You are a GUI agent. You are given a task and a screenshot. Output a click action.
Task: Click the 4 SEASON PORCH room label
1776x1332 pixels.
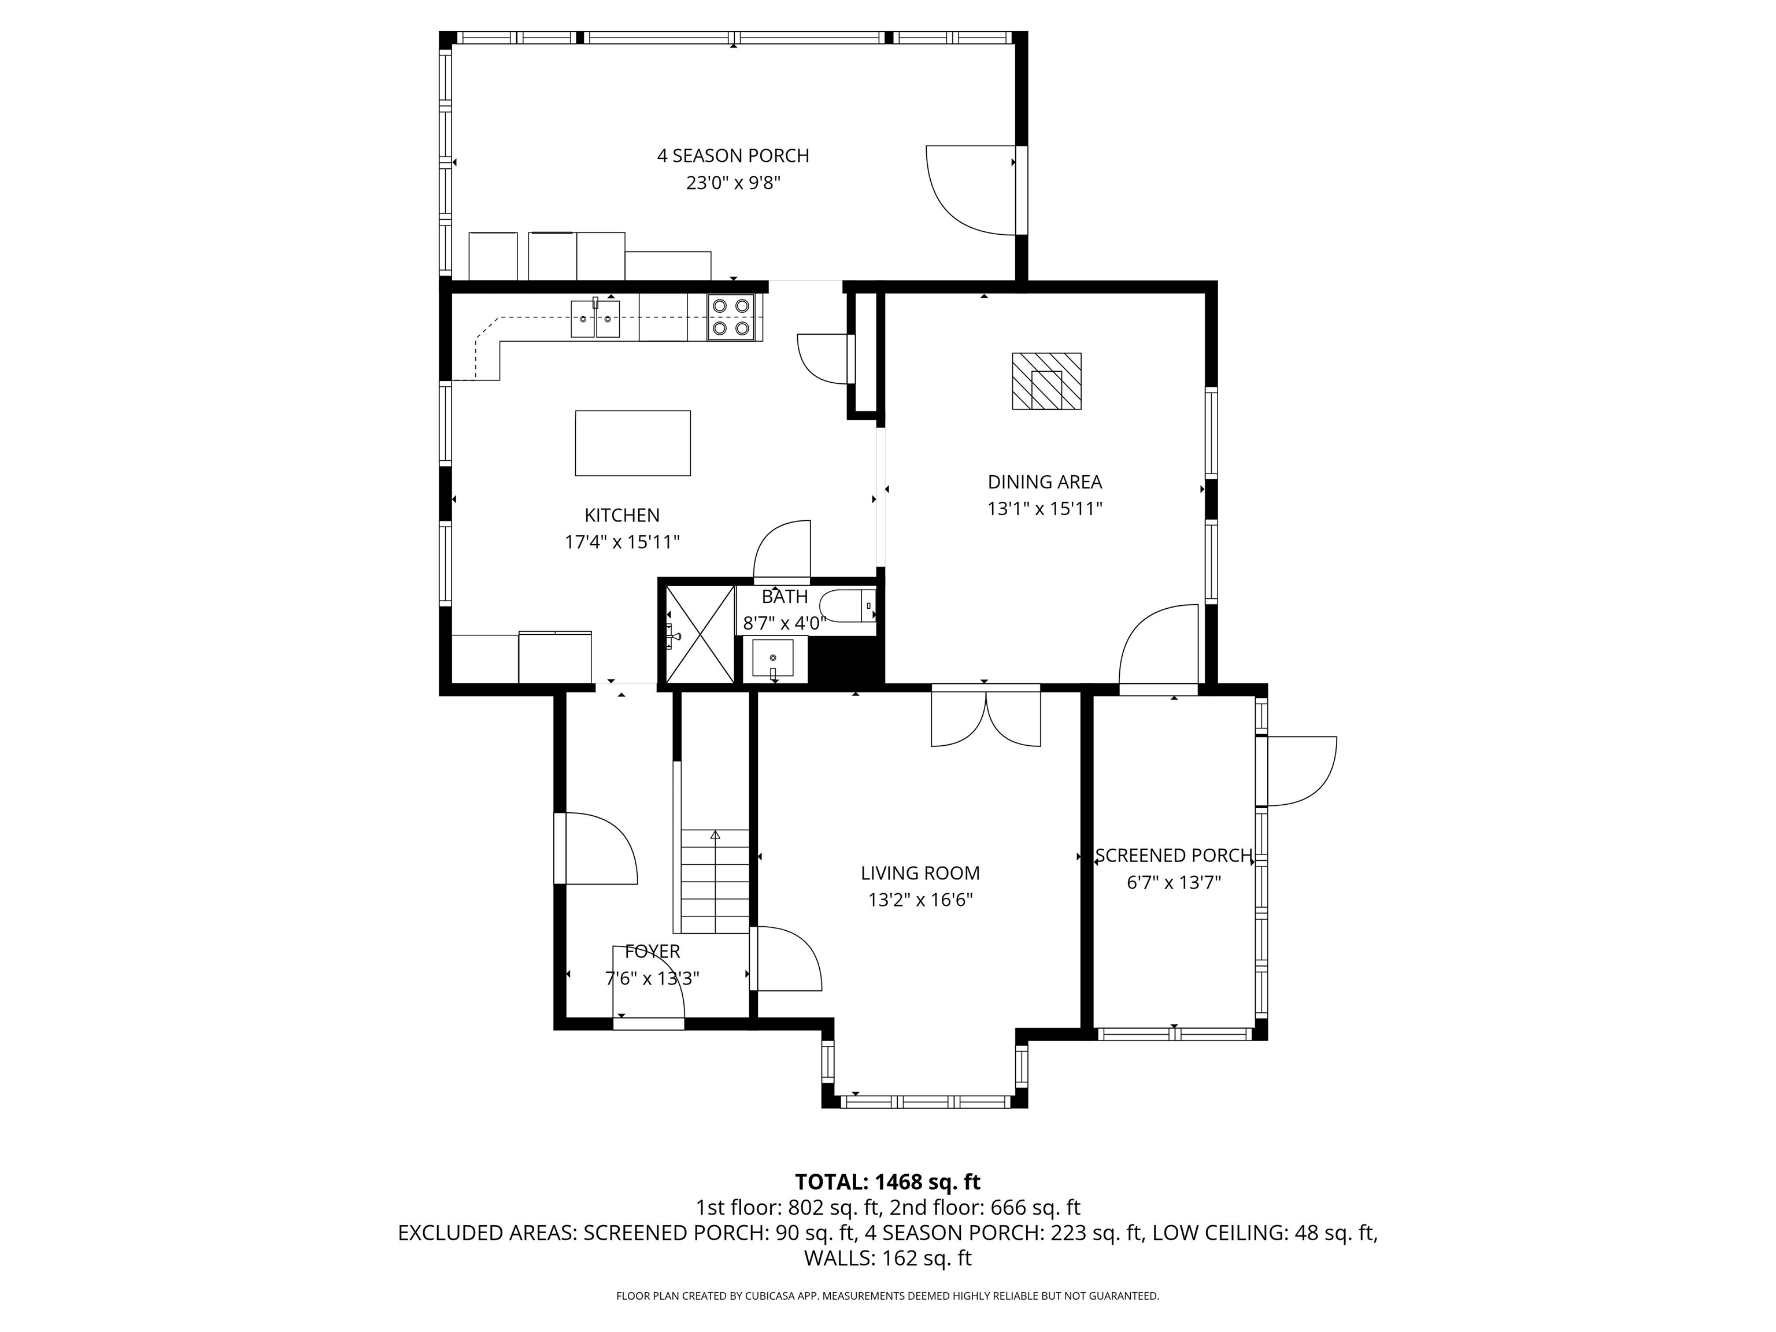tap(732, 156)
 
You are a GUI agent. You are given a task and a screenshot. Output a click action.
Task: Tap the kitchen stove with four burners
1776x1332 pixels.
tap(731, 317)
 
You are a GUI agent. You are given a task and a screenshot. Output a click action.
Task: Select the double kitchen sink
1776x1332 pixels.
tap(595, 318)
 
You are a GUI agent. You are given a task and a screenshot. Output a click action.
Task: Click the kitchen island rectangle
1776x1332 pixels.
tap(632, 443)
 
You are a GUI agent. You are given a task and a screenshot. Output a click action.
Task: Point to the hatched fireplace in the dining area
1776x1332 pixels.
tap(1046, 382)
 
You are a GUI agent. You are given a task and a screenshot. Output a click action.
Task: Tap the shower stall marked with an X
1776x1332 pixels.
tap(700, 634)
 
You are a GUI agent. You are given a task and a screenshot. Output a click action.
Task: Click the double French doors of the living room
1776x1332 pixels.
tap(985, 717)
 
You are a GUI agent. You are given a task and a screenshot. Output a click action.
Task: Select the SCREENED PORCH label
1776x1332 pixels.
tap(1173, 856)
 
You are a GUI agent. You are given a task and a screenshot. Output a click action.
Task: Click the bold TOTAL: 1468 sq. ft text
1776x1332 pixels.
tap(887, 1182)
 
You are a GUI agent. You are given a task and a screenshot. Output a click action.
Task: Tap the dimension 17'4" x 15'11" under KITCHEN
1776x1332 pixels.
tap(622, 542)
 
